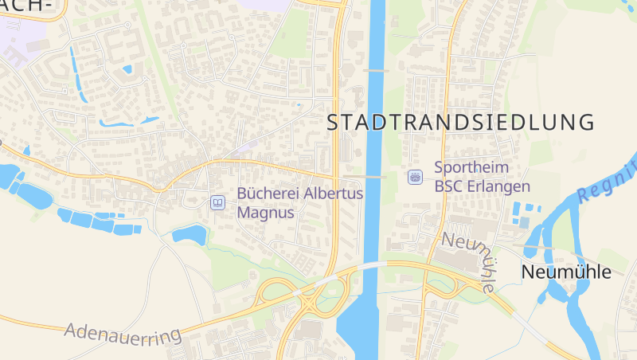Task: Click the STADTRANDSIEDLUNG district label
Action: click(x=461, y=122)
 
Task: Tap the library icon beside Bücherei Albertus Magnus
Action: click(x=217, y=202)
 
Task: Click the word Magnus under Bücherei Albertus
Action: click(x=266, y=213)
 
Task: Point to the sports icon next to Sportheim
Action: click(x=414, y=177)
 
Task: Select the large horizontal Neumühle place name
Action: click(x=566, y=272)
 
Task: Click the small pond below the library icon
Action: click(x=190, y=233)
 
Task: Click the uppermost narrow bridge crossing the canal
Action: click(x=376, y=71)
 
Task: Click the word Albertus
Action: click(x=334, y=194)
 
